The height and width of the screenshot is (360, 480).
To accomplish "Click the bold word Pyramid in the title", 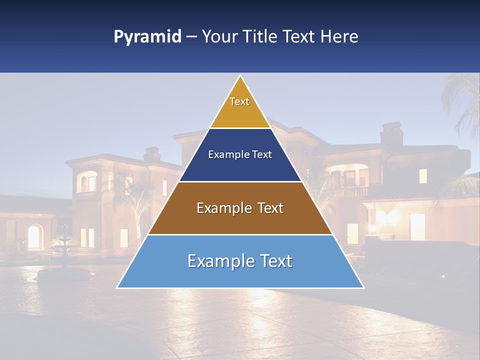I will pyautogui.click(x=147, y=37).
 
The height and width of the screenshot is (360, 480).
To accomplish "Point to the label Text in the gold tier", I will pyautogui.click(x=239, y=101).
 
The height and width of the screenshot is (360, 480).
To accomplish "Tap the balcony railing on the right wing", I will pyautogui.click(x=353, y=192).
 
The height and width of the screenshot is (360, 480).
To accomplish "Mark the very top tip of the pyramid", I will pyautogui.click(x=240, y=76).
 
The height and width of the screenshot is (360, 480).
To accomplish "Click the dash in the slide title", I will pyautogui.click(x=191, y=37).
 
